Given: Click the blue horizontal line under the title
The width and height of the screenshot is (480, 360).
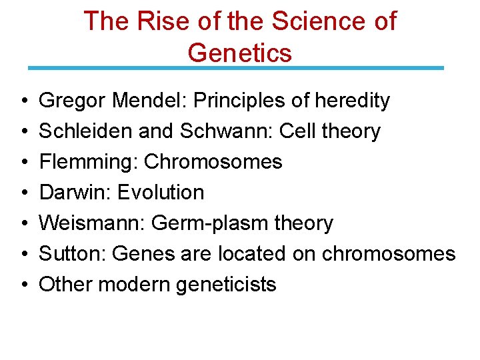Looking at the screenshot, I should click(235, 68).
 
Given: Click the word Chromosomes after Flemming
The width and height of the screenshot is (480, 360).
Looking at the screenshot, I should click(213, 162).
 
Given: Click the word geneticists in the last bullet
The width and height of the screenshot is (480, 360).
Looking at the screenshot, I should click(226, 285).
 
